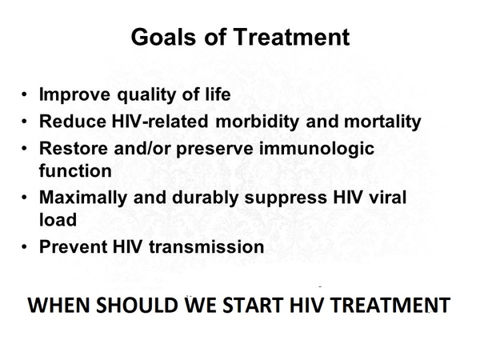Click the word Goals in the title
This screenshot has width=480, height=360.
(163, 37)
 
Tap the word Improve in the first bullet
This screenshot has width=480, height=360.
(74, 94)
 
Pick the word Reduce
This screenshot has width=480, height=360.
(73, 122)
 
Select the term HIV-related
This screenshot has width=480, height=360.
(160, 121)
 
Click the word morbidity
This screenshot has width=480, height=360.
(257, 122)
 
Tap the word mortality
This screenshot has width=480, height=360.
(382, 122)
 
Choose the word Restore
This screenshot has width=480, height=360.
(74, 149)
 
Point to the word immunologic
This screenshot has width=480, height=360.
(317, 149)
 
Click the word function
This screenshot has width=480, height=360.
(75, 170)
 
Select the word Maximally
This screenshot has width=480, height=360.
(83, 198)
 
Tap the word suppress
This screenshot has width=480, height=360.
(286, 198)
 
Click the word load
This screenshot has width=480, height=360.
(58, 219)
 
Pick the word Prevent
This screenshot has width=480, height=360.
(73, 246)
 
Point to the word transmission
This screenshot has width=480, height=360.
(206, 246)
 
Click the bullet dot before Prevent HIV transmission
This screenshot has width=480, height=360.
(25, 247)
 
